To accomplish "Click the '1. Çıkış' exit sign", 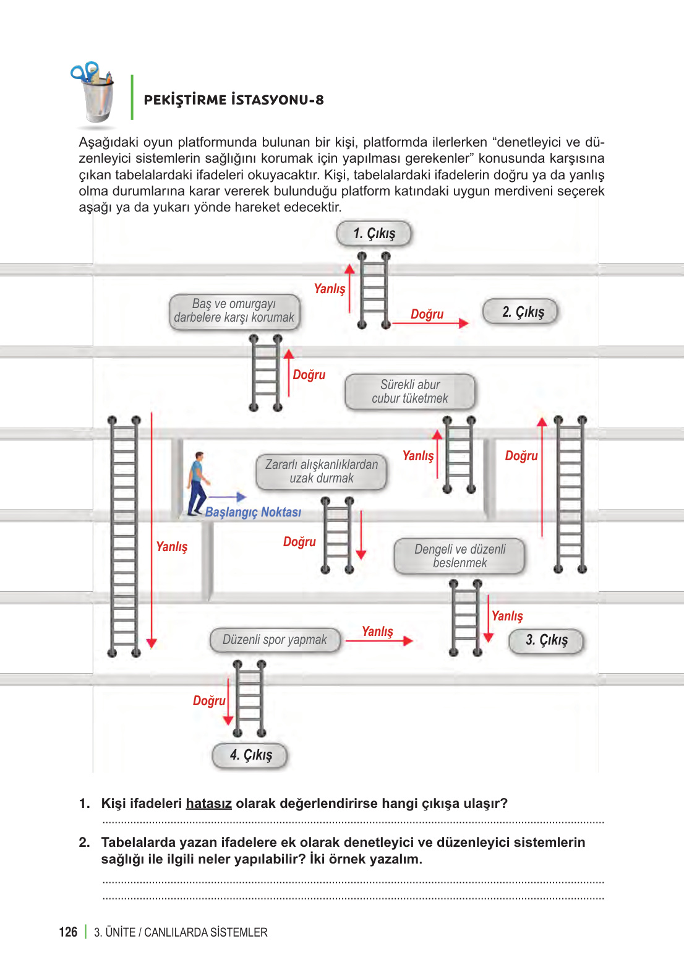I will point(374,234).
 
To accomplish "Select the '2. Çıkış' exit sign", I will point(520,312).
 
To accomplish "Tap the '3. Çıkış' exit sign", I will point(546,640).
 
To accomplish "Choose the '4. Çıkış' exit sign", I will point(250,755).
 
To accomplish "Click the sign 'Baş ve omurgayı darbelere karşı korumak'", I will point(234,311).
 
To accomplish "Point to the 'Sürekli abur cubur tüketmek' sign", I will point(410,392).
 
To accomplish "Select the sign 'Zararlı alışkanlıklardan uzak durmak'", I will point(322,471).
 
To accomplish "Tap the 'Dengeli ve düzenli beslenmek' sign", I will point(460,556).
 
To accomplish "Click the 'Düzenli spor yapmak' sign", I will point(275,640).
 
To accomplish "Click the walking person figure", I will point(197,483).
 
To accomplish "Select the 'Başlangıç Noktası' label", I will point(253,512).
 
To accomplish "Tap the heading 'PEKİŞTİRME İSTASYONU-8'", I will point(234,100).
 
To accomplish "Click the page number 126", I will point(68,932).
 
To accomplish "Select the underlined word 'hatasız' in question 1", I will point(208,804).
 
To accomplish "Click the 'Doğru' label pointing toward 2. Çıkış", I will point(427,314).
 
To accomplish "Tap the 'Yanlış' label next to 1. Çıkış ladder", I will point(330,289).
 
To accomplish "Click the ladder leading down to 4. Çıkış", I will point(249,698).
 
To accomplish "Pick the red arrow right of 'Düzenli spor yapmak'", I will point(378,641).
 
